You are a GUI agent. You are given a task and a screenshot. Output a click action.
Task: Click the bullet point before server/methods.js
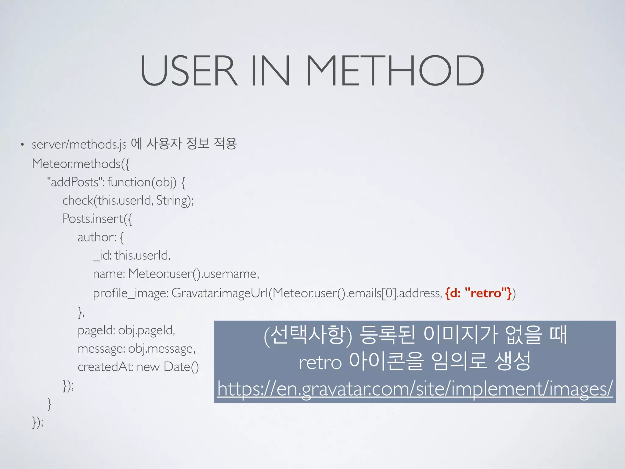coord(22,144)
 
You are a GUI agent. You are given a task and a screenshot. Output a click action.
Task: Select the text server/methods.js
coord(79,144)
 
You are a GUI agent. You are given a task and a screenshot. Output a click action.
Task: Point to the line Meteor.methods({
coord(81,164)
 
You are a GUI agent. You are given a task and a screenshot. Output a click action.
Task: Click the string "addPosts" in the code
coord(74,182)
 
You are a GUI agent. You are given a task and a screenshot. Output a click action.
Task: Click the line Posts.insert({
coord(97,219)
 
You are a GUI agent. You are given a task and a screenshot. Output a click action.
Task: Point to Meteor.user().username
coord(193,274)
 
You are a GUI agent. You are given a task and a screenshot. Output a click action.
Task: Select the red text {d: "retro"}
coord(478,293)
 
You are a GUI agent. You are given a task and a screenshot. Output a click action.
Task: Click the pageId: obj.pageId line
coord(126,330)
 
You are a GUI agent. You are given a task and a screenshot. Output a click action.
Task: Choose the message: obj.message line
coord(136,349)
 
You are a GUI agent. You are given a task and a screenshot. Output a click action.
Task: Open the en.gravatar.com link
coord(415,389)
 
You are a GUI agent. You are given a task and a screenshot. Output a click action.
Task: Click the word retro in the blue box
coord(320,363)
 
